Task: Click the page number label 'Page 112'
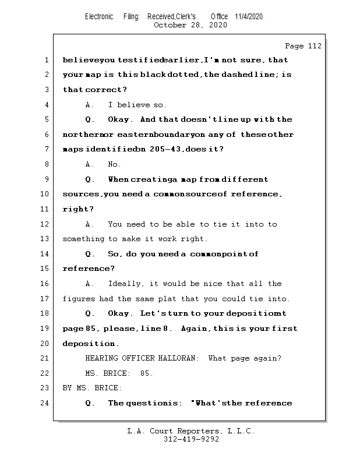tap(303, 46)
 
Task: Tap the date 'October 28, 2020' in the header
tap(190, 25)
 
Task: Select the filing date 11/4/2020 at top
tap(249, 16)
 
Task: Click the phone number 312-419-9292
tap(191, 439)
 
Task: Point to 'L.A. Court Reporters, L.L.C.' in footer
tap(190, 431)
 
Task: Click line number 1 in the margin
tap(46, 60)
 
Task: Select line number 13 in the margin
tap(44, 239)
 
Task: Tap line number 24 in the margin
tap(44, 403)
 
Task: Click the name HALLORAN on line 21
tap(181, 358)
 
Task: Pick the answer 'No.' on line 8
tap(115, 164)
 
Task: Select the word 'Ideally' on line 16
tap(126, 284)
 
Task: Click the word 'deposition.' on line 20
tap(91, 344)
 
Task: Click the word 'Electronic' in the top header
tap(99, 16)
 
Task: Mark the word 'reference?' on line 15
tap(89, 269)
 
